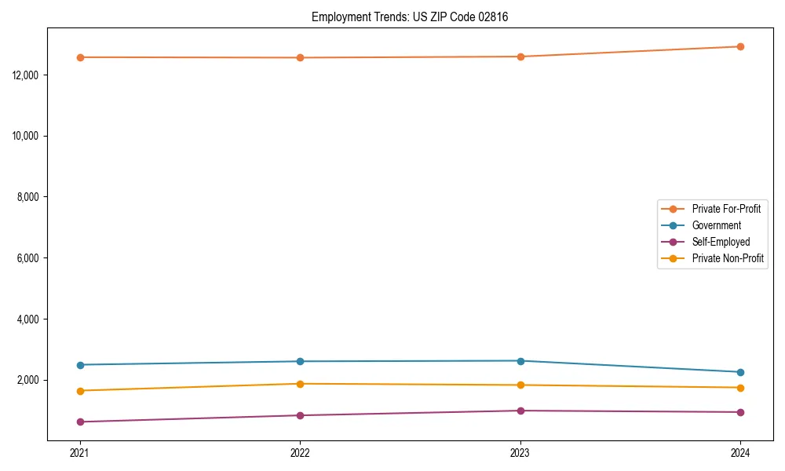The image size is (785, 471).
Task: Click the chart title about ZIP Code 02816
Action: (410, 16)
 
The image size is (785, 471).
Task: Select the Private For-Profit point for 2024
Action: (740, 46)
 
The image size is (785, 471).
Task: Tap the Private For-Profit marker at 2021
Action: (80, 57)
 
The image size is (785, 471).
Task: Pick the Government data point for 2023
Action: (520, 361)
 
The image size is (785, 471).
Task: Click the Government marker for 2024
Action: (740, 372)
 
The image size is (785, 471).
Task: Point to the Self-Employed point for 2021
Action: (80, 422)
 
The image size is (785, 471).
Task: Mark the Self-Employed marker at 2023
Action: (520, 411)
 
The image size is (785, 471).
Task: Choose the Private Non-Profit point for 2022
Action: (300, 384)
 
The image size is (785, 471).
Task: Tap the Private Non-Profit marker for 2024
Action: (740, 388)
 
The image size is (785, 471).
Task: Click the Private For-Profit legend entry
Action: (726, 209)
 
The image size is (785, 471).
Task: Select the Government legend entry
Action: (716, 225)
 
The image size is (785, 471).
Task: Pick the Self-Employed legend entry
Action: (721, 242)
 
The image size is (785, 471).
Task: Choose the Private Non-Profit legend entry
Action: (728, 258)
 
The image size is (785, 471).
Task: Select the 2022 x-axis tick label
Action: (300, 453)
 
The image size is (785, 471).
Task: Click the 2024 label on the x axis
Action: (740, 453)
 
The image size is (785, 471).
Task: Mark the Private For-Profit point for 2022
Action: (300, 57)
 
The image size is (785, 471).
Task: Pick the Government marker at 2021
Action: (80, 365)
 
